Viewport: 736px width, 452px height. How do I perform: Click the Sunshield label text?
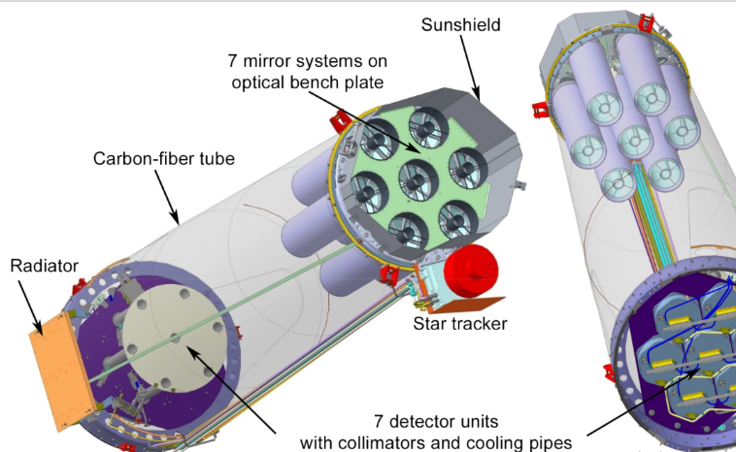pos(463,25)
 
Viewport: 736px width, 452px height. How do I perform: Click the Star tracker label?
pos(459,322)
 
